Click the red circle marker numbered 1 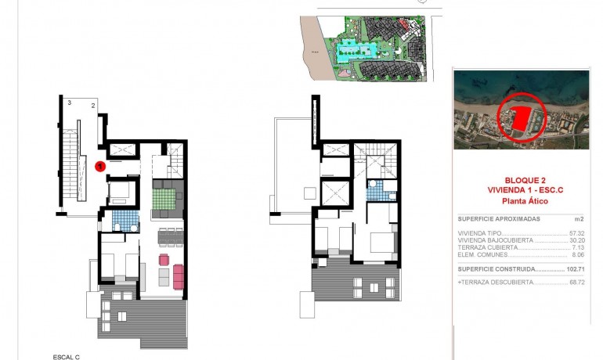tap(100, 166)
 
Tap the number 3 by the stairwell tap(69, 103)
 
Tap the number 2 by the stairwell tap(92, 105)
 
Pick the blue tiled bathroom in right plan tap(375, 190)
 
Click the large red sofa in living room tap(178, 276)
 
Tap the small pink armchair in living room tap(164, 260)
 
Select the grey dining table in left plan tap(169, 236)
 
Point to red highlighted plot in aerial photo tap(518, 120)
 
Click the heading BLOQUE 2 tap(521, 178)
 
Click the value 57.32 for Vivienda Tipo tap(577, 233)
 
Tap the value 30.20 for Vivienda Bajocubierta tap(577, 240)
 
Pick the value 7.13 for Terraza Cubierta tap(579, 247)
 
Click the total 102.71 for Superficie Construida tap(576, 268)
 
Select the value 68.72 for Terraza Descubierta tap(576, 282)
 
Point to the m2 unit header tap(580, 219)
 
